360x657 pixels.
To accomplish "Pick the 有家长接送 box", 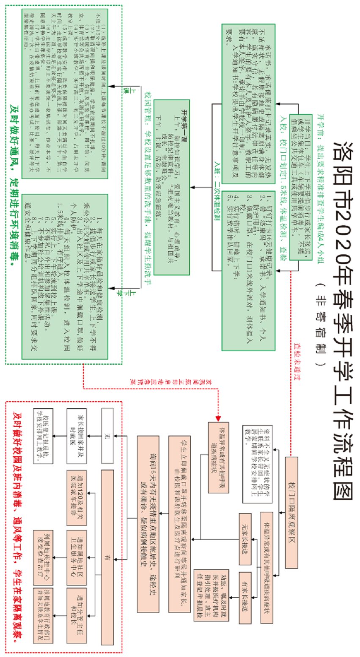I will click(245, 597).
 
